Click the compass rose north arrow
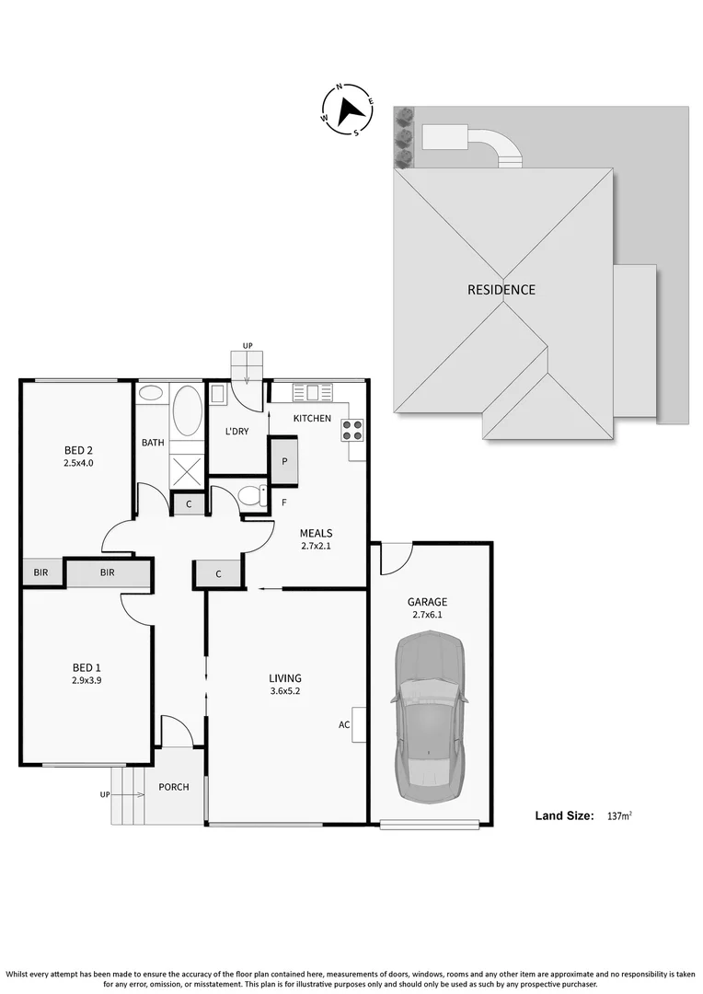tap(349, 110)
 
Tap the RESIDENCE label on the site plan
tap(501, 290)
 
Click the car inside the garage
tap(431, 716)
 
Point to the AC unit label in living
tap(344, 724)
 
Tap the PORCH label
tap(174, 787)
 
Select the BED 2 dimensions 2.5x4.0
tap(78, 463)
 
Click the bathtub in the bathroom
tap(188, 410)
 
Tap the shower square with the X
tap(187, 472)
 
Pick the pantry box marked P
tap(284, 461)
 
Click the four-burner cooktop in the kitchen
tap(352, 430)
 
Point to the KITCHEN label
tap(312, 419)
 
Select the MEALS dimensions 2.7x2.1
tap(316, 546)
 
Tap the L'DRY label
tap(237, 432)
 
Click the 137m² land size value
tap(618, 815)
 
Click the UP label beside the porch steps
tap(105, 793)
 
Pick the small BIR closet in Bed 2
tap(40, 572)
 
